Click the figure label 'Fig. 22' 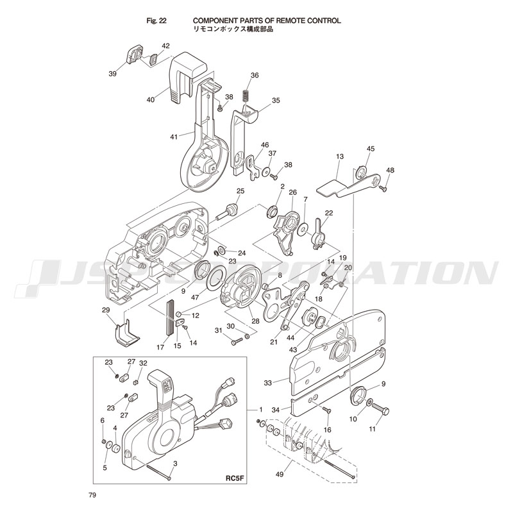157,21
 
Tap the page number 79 93,495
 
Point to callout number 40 151,99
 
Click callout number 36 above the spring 255,76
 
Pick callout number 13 340,156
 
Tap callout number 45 370,149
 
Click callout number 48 391,170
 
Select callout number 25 240,191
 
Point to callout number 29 106,310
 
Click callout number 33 267,382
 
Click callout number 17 160,347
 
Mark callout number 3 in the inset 174,463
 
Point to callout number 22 329,213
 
